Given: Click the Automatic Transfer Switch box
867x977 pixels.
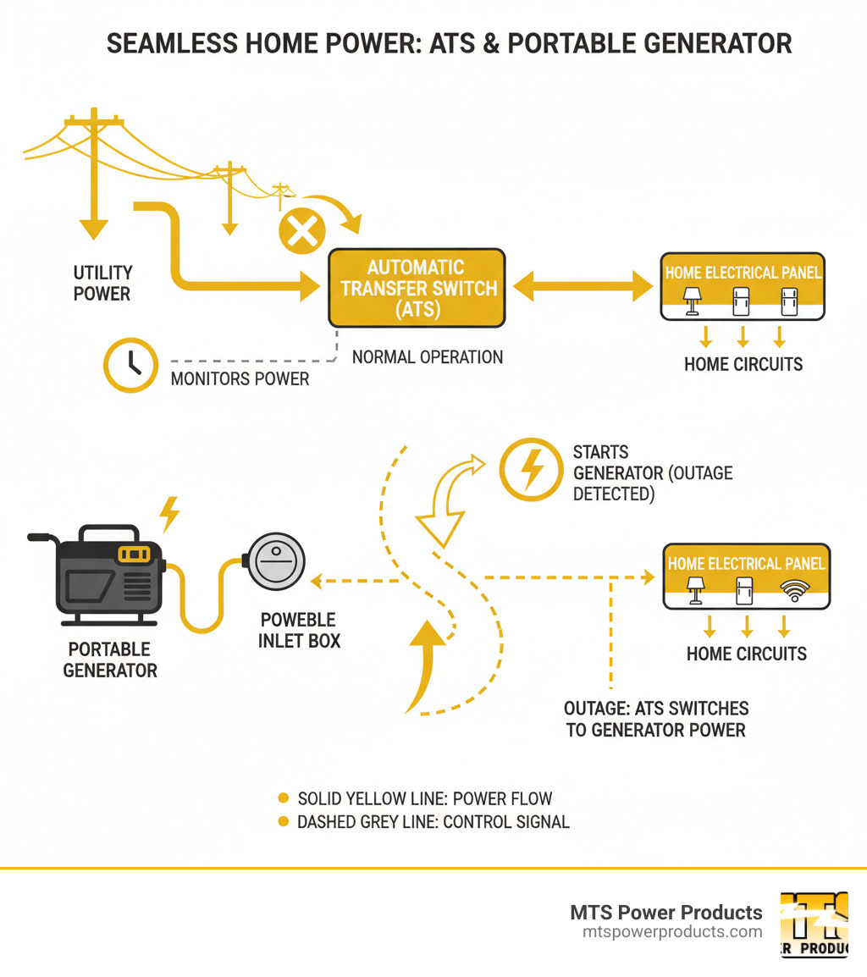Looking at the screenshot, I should pos(417,288).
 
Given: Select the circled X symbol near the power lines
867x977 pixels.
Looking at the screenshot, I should pos(302,230).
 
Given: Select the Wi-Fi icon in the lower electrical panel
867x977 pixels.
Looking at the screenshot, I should pos(793,591).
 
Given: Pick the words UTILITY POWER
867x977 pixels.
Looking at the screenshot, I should pos(102,284).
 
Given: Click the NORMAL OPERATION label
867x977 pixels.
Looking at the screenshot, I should pos(428,357).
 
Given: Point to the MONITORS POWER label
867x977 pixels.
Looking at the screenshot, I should pos(240,378).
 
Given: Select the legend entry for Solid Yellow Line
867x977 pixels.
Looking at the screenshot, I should pos(424,798).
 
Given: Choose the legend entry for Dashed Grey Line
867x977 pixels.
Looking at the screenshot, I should pos(433,821).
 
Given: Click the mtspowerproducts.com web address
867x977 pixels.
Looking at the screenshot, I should pos(672,932).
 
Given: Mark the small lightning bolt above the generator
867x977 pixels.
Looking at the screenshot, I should pos(170,513).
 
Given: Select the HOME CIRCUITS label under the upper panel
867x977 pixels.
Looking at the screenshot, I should pos(743,365).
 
